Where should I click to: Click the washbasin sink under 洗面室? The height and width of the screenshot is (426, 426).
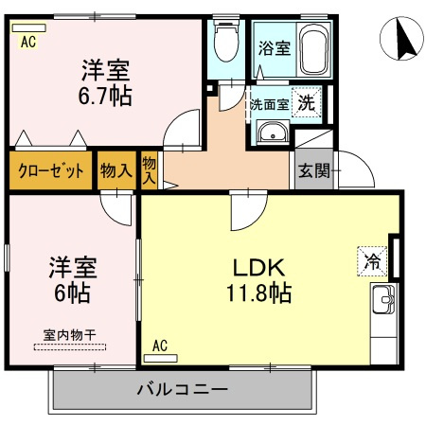pyautogui.click(x=272, y=133)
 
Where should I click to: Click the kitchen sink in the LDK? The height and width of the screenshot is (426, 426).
pyautogui.click(x=383, y=301)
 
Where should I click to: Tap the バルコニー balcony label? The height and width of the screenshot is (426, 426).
pyautogui.click(x=182, y=389)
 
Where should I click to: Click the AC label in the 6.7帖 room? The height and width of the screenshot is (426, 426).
pyautogui.click(x=27, y=41)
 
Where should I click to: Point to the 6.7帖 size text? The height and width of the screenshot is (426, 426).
pyautogui.click(x=104, y=95)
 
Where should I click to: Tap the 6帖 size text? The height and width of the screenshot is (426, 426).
pyautogui.click(x=70, y=293)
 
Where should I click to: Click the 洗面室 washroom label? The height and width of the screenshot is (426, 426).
pyautogui.click(x=268, y=102)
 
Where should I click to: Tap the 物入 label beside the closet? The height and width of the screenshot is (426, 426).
pyautogui.click(x=115, y=170)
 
